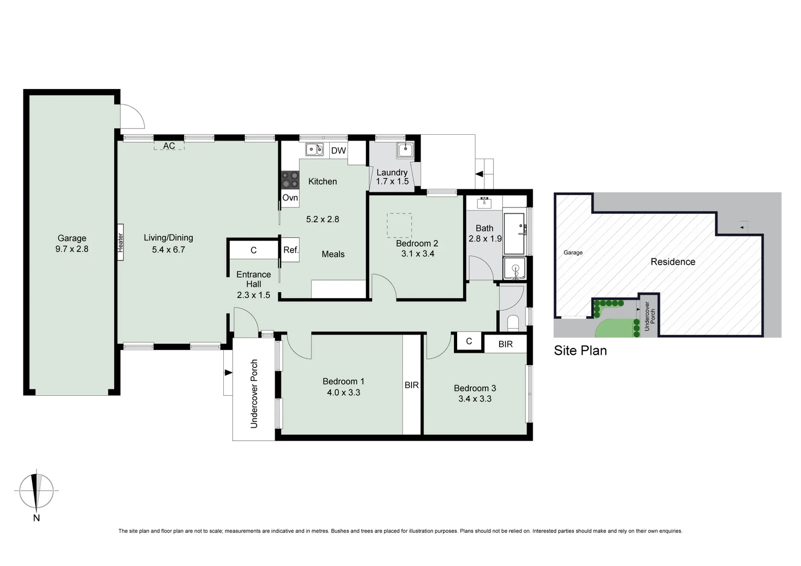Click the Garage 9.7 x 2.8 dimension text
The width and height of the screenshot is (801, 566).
coord(72,249)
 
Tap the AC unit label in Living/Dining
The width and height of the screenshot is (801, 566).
coord(169,146)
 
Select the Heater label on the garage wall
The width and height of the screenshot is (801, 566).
coord(120,243)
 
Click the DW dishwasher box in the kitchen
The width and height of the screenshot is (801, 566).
coord(339,151)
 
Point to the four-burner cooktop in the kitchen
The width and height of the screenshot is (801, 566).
coord(290,180)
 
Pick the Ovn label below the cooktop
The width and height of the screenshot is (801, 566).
coord(290,198)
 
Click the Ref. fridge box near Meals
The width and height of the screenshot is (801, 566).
coord(290,250)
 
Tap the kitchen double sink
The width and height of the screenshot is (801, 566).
coord(315,149)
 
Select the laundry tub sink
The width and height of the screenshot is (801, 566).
coord(405,150)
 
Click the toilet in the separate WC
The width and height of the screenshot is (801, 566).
coord(512,322)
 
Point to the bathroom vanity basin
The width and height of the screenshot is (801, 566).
coord(484,203)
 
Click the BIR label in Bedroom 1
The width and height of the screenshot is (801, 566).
coord(412,385)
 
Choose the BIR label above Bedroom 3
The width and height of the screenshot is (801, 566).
coord(505,344)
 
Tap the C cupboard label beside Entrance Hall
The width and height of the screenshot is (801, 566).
coord(253,251)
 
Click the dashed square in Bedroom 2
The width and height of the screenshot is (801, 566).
coord(399,225)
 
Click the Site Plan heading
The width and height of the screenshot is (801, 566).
coord(580,351)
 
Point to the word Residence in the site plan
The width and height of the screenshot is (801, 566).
coord(673,262)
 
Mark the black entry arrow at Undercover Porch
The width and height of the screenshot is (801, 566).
coord(228,373)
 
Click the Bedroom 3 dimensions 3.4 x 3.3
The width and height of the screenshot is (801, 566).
coord(475,399)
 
